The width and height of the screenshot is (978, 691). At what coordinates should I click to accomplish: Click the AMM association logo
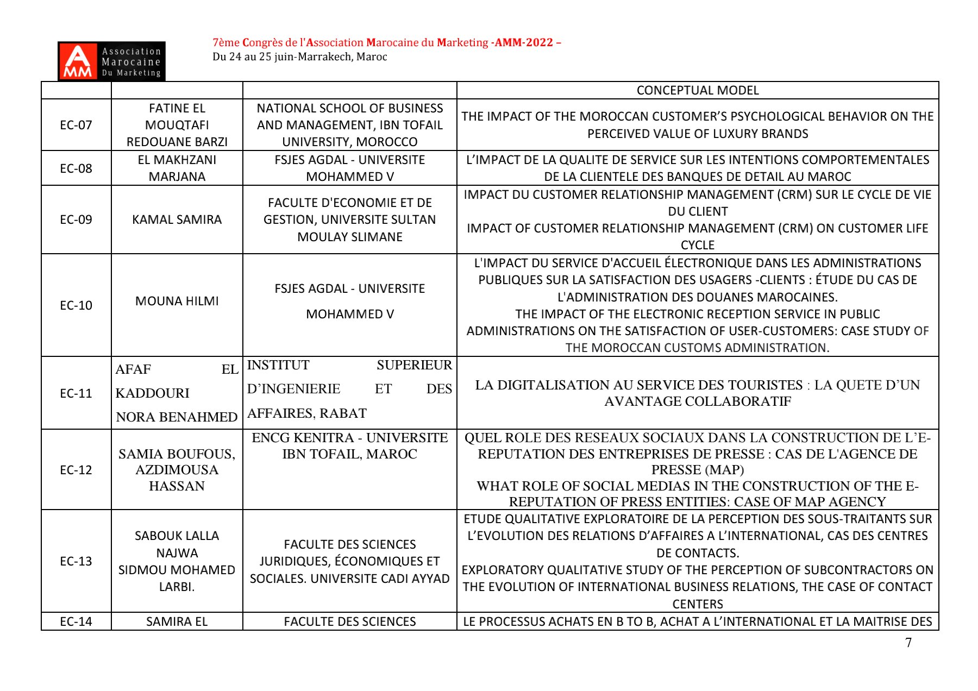coord(111,61)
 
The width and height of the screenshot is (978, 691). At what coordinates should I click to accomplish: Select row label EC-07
coord(76,125)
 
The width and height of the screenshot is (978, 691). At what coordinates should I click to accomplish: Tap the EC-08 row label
coord(76,168)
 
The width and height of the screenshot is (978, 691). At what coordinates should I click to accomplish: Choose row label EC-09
coord(76,219)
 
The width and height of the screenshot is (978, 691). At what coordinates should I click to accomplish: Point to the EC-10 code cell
coord(76,305)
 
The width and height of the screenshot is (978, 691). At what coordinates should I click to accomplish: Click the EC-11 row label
coord(76,393)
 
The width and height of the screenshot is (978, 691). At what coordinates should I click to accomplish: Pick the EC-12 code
coord(76,470)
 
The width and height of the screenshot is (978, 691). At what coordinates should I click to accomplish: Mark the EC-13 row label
coord(76,561)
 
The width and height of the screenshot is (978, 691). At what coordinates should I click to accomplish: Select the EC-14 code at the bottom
coord(76,621)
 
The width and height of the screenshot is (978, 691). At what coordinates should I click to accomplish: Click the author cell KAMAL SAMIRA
coord(177,219)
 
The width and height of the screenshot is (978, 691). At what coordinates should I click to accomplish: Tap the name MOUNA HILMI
coord(177,301)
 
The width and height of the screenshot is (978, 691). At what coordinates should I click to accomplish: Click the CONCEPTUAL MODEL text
coord(698,90)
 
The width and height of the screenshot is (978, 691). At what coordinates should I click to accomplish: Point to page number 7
coord(908,643)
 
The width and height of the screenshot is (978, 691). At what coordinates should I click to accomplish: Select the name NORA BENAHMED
coord(177,417)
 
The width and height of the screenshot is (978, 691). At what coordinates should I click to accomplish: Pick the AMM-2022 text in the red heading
coord(524,42)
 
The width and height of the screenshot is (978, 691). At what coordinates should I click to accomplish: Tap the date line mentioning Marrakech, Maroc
coord(300,56)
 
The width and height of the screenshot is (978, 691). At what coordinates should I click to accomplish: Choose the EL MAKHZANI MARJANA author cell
coord(177,168)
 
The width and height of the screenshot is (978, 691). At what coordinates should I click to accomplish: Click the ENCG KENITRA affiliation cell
coord(350,445)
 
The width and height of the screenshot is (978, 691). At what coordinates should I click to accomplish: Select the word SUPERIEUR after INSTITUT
coord(414,365)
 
